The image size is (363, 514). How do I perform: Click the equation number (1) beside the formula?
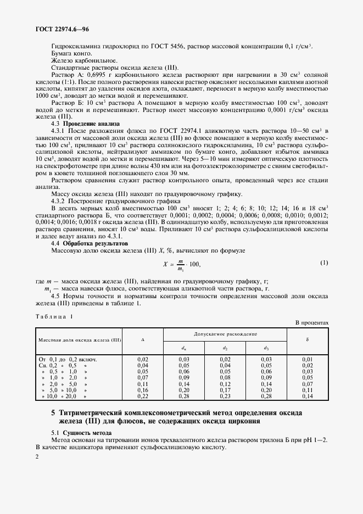coord(323,263)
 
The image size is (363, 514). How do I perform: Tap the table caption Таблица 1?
coord(54,316)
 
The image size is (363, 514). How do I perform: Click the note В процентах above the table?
coord(311,323)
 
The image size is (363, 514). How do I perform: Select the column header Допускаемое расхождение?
coord(225,334)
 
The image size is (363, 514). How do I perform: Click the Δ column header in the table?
coord(143,340)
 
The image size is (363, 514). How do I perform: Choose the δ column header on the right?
coord(307,340)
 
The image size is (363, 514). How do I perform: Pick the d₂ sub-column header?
coord(225,347)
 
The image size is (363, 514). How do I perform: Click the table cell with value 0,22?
coord(142,396)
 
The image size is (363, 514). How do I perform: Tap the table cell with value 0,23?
coord(225,396)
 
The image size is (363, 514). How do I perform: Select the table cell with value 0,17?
coord(225,390)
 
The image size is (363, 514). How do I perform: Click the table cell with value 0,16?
coord(142,390)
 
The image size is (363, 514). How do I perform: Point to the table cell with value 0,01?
coord(307,359)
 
